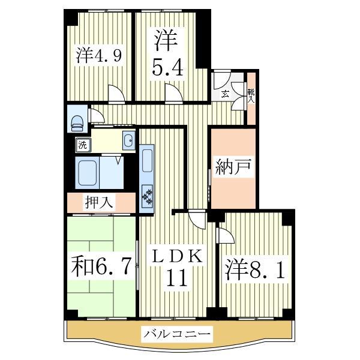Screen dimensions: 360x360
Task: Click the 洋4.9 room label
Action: click(x=99, y=56)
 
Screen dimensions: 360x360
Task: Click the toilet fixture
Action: click(x=77, y=122)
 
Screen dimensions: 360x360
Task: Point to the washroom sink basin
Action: click(x=128, y=142)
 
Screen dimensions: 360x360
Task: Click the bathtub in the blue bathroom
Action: click(x=88, y=173)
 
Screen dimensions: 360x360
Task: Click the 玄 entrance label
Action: click(x=224, y=94)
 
